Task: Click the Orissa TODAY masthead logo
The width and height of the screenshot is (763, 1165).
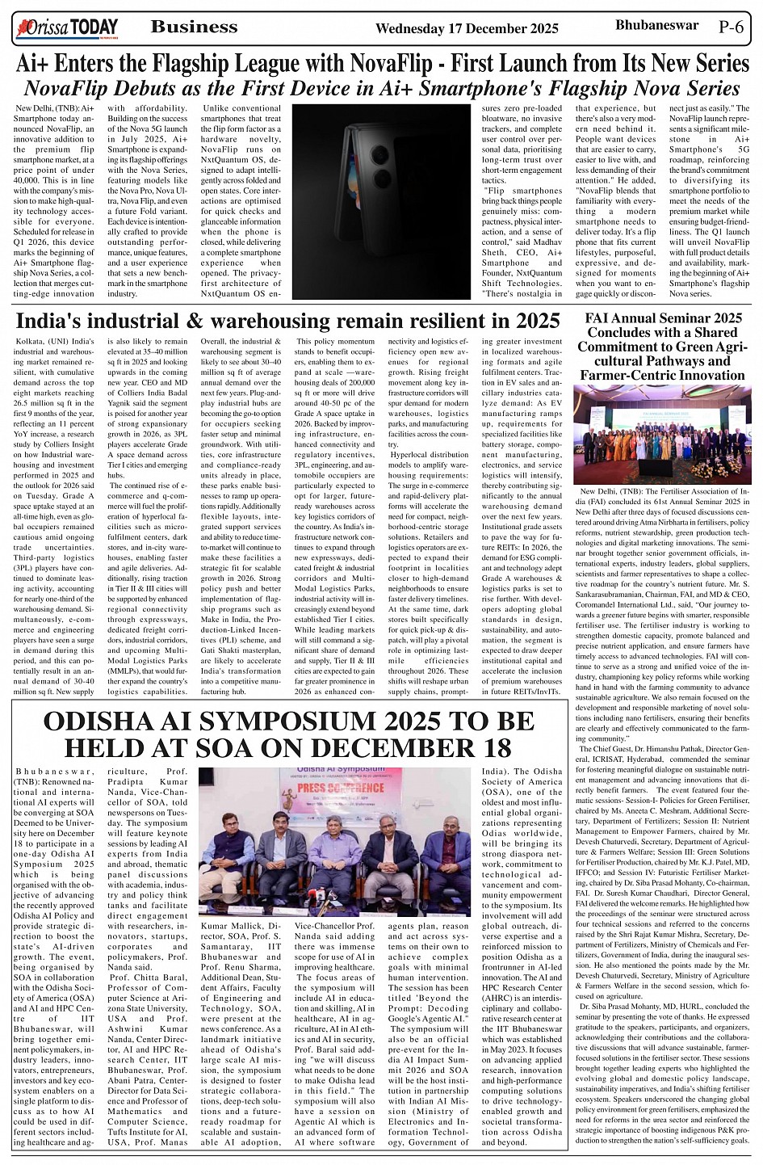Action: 65,28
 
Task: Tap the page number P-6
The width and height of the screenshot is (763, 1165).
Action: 732,27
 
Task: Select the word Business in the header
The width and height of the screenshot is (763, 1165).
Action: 194,27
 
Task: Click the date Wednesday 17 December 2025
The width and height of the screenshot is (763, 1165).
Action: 467,29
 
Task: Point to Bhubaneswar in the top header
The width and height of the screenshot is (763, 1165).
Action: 656,25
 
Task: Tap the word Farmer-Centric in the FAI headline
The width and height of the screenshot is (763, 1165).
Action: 624,376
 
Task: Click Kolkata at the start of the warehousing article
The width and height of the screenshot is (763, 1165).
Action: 31,343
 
